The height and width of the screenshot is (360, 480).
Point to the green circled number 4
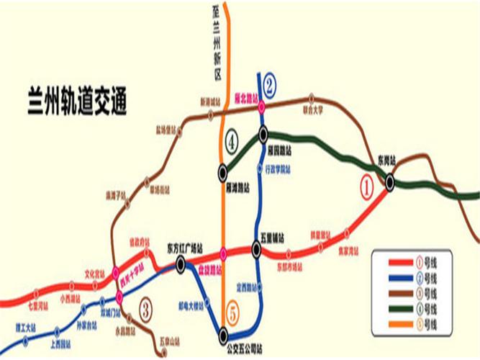point(232,141)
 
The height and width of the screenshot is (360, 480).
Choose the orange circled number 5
point(232,313)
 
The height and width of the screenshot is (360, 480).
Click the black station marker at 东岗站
point(389,183)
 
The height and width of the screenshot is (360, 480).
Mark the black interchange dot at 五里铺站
point(256,250)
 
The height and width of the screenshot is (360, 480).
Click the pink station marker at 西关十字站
point(119,297)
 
